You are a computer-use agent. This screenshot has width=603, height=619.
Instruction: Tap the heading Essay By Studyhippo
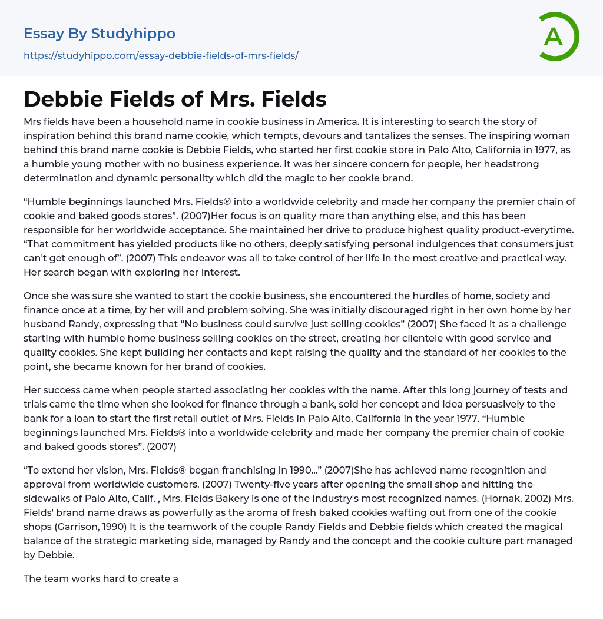point(100,34)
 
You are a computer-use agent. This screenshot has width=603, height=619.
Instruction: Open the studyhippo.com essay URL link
point(161,55)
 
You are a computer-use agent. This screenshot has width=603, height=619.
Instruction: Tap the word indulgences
point(373,244)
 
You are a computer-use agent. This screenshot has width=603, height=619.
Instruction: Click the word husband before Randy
point(48,324)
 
